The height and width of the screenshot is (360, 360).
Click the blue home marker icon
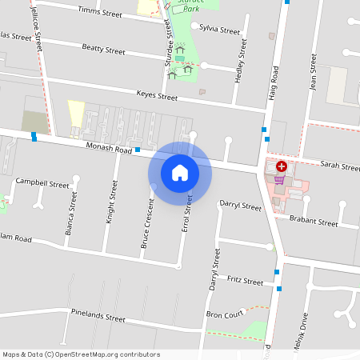[179, 172]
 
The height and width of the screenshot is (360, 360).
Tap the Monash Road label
[109, 150]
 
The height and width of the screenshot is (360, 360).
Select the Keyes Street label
[157, 96]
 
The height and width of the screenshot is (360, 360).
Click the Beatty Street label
[104, 50]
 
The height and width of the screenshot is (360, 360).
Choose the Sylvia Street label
[220, 30]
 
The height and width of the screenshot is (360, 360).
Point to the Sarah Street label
[339, 166]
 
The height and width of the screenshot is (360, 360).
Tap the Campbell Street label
[42, 183]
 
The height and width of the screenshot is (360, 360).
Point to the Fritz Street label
[245, 282]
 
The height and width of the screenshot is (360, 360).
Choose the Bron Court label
[224, 314]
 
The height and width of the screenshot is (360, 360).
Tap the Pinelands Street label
[98, 315]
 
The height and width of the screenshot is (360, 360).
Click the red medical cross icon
[282, 166]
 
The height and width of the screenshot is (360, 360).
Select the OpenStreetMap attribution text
[80, 354]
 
